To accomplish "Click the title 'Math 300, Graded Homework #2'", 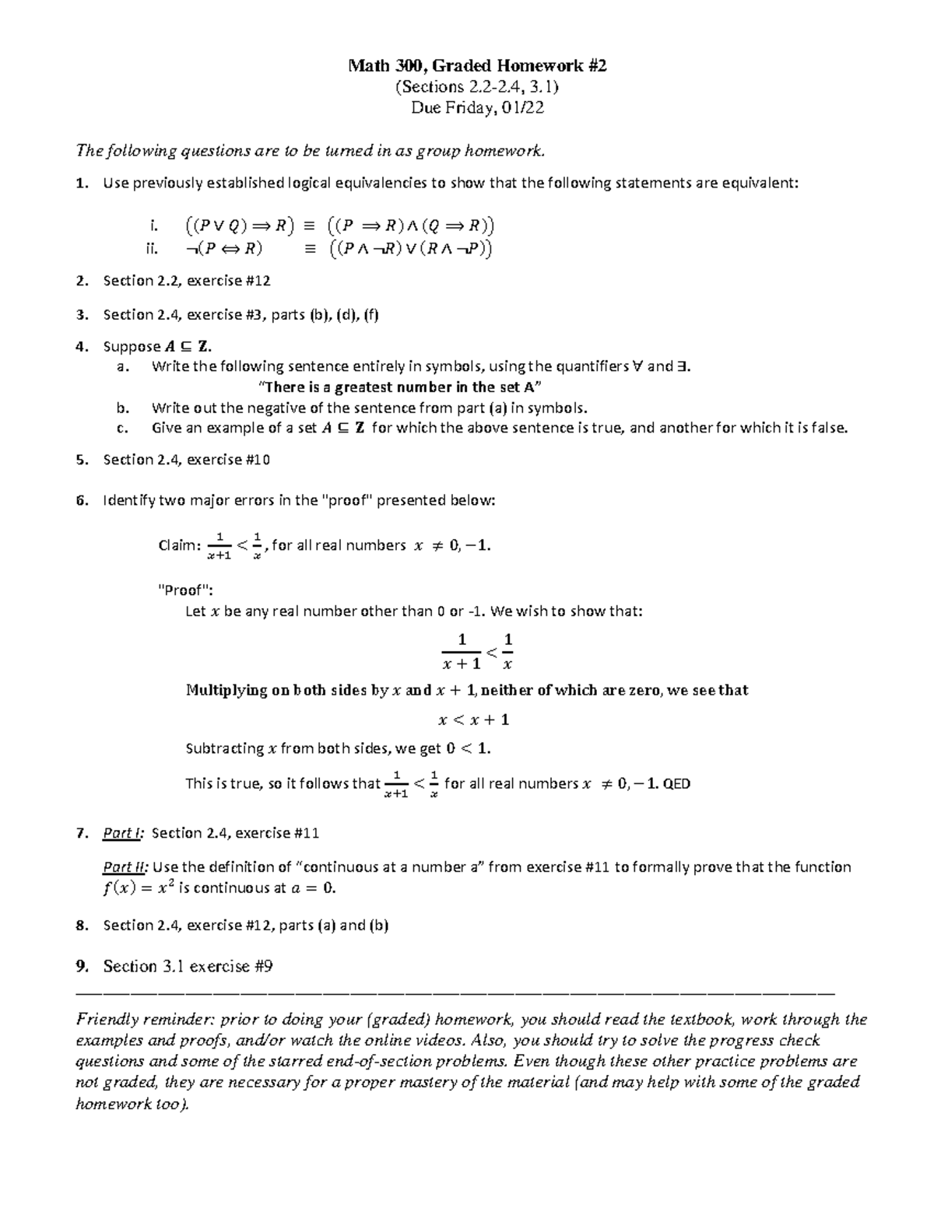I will (x=477, y=66).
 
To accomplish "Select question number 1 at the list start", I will (x=81, y=184).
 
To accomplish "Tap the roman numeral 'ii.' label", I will (x=152, y=249).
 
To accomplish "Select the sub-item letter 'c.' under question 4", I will (x=121, y=428).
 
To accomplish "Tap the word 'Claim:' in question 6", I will (x=179, y=545).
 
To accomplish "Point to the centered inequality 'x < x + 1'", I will (x=474, y=720).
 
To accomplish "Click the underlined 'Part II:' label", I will (x=125, y=867).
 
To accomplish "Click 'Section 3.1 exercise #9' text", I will (x=188, y=966).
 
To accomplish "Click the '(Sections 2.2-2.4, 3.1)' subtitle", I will (x=477, y=87).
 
